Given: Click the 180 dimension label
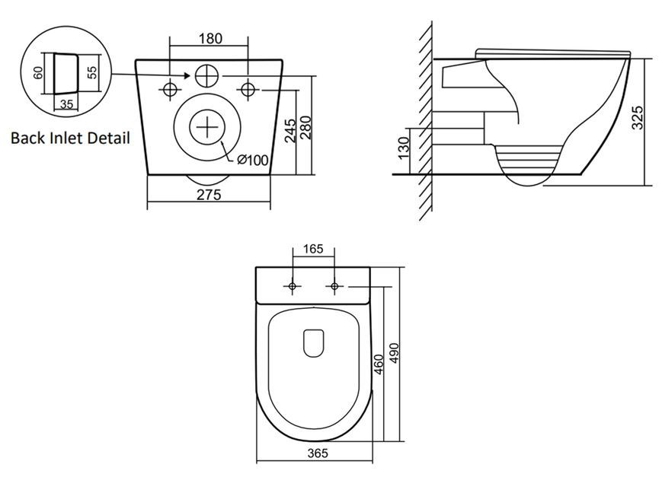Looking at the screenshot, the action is [210, 38].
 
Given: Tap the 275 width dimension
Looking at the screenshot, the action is [209, 195].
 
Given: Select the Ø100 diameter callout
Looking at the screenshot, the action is [252, 161].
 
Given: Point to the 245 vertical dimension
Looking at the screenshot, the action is [289, 131].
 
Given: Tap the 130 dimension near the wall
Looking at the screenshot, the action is [404, 148].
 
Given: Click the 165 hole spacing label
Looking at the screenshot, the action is [313, 250].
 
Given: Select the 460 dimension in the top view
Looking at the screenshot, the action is [379, 364].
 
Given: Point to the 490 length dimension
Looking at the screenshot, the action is [394, 353].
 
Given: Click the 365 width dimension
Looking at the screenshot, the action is [318, 453].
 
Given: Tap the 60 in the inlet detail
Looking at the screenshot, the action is [38, 73].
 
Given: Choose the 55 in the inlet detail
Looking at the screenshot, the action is [92, 72].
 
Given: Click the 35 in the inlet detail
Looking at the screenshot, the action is [66, 103].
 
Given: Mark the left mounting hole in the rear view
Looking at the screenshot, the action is [170, 90].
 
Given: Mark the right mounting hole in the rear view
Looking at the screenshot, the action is [248, 90].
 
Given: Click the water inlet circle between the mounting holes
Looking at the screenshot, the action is [206, 76].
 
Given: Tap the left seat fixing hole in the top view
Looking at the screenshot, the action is [293, 286].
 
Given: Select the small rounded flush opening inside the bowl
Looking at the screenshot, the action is [314, 343].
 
